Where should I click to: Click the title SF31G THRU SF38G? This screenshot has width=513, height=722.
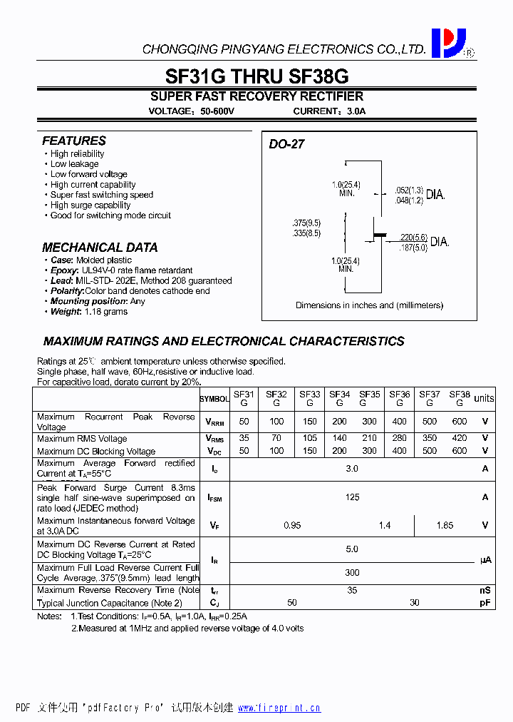coord(256,76)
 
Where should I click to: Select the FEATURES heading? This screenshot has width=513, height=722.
coord(74,141)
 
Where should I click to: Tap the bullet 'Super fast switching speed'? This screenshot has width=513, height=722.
coord(101,195)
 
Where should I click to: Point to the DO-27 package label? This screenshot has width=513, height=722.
coord(286,143)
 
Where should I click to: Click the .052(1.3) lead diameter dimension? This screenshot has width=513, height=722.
coord(409,190)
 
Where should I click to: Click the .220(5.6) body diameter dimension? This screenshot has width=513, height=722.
coord(413,237)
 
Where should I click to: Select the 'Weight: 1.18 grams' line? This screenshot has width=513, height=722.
coord(89,312)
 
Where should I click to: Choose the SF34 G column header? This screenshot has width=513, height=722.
coord(340,398)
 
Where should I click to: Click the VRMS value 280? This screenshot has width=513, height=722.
coord(400,439)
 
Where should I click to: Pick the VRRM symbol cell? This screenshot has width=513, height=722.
coord(214,422)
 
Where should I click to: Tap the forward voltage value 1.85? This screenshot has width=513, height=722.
coord(445,525)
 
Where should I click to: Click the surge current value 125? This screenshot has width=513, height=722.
coord(353,497)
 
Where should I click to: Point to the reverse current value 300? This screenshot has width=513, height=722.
coord(353,572)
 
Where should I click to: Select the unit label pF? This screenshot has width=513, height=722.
coord(484,603)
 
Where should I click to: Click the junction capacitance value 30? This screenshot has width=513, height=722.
coord(415,603)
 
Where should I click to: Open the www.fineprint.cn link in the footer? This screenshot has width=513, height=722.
coord(279,708)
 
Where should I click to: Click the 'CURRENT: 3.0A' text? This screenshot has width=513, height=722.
coord(329,111)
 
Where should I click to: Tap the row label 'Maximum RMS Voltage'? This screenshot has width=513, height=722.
coord(82,439)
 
